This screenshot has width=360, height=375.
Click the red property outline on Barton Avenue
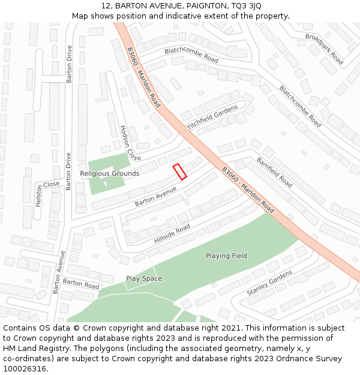tap(179, 172)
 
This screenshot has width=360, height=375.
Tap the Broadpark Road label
tap(323, 49)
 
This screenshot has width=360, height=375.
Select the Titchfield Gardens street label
tap(212, 117)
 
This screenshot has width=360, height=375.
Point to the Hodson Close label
tap(130, 143)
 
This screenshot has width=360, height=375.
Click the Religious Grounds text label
tap(110, 173)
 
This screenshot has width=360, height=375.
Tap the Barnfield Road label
tap(274, 172)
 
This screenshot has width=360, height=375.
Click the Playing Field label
tap(226, 256)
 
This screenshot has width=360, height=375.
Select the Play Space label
tap(143, 278)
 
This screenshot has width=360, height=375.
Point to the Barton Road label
tap(81, 283)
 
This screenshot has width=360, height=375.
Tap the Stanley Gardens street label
tap(269, 283)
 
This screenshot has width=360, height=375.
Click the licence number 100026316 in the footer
tap(25, 368)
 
